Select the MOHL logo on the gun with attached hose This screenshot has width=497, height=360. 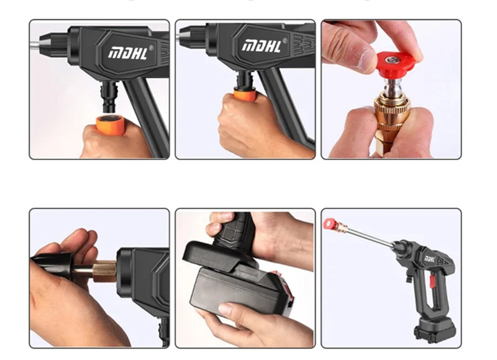[x=262, y=46]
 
